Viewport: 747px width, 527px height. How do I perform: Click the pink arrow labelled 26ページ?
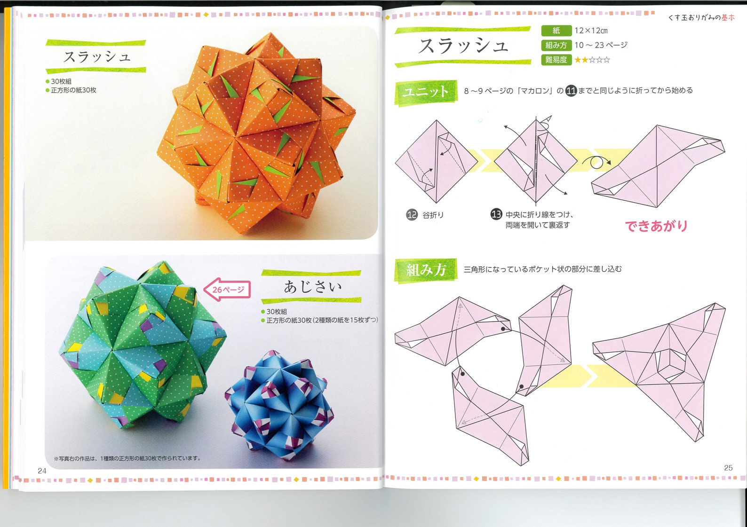[x=227, y=290]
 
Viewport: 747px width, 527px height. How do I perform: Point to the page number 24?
[x=42, y=471]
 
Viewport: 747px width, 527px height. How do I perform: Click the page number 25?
[x=728, y=468]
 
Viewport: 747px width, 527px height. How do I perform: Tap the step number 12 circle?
[x=412, y=215]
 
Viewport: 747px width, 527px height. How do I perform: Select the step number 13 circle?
[x=496, y=214]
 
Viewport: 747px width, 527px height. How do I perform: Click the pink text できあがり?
[x=656, y=226]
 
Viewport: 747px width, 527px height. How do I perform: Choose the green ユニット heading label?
[x=426, y=92]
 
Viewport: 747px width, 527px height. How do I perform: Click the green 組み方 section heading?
[x=426, y=270]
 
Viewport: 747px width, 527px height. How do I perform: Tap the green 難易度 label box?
[x=556, y=60]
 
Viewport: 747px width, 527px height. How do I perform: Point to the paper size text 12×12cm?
[x=591, y=31]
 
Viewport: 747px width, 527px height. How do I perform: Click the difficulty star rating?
[x=592, y=60]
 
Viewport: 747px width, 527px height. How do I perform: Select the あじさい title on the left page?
[x=312, y=286]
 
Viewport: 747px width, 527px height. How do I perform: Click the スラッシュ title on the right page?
[x=463, y=46]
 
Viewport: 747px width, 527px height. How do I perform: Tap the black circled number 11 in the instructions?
[x=571, y=91]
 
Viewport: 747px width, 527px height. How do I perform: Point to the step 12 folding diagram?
[x=436, y=161]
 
